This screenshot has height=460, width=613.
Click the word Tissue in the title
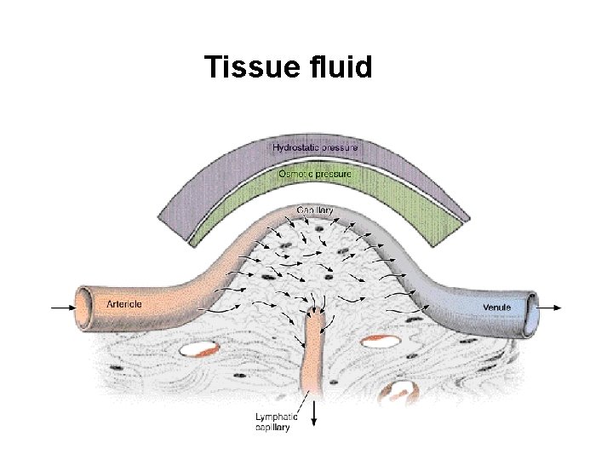[x=247, y=66]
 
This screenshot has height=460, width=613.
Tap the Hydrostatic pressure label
[x=315, y=147]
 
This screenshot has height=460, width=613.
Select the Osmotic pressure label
[x=315, y=174]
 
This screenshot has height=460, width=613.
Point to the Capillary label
[x=314, y=210]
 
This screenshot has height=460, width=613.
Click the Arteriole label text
[x=123, y=304]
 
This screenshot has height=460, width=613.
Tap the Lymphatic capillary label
[x=277, y=422]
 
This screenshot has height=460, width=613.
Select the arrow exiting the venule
[x=551, y=308]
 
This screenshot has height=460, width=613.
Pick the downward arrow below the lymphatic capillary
[x=315, y=414]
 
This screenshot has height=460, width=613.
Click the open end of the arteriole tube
[x=83, y=306]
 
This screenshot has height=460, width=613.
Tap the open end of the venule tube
[x=530, y=308]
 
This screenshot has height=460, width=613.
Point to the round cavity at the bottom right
[x=398, y=393]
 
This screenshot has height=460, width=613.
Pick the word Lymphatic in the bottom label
[x=277, y=417]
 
